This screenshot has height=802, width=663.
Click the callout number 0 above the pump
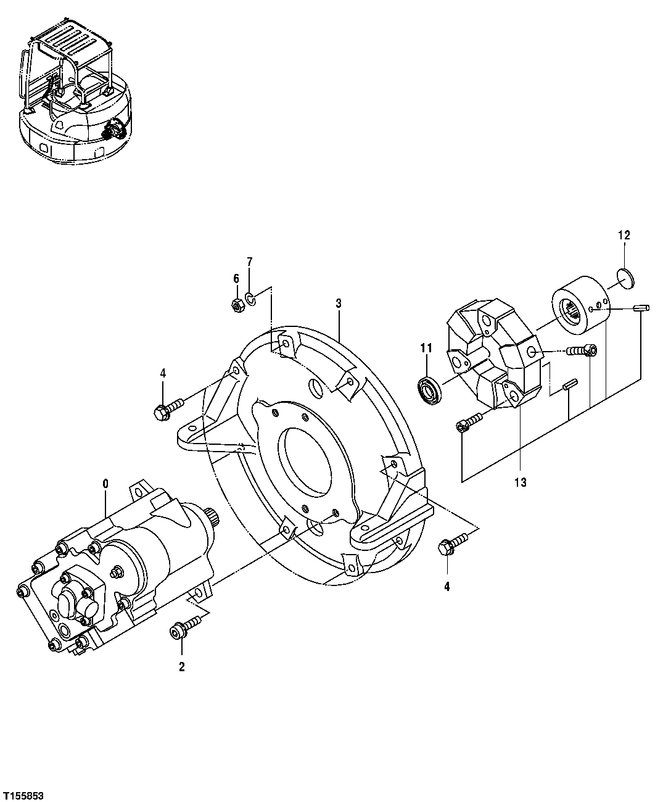pyautogui.click(x=105, y=484)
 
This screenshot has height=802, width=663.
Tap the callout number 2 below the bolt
pyautogui.click(x=181, y=667)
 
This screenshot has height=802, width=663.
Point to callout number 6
pyautogui.click(x=236, y=279)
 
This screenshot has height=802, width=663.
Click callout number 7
pyautogui.click(x=250, y=262)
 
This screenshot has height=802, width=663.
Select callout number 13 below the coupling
pyautogui.click(x=521, y=482)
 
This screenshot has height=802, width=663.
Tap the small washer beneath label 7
pyautogui.click(x=250, y=299)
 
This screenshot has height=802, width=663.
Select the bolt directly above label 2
pyautogui.click(x=183, y=628)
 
